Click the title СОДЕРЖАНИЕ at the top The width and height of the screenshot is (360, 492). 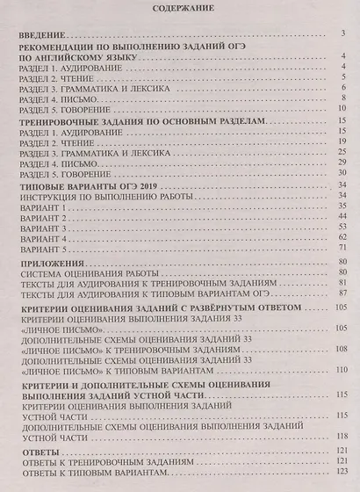click(179, 11)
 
